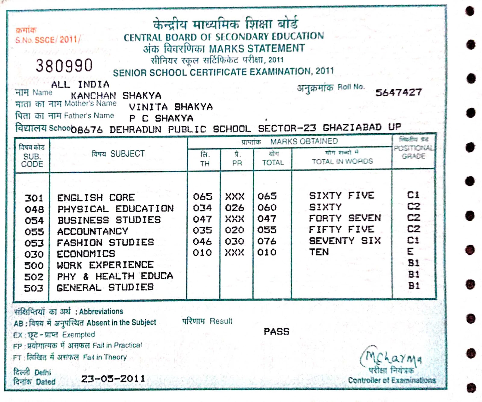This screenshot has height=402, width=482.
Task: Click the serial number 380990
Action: pos(64,65)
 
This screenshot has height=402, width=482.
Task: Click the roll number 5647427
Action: pos(398,92)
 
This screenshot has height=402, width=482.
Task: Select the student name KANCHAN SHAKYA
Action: pos(116,96)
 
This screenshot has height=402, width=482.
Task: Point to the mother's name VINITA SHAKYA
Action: pos(171,107)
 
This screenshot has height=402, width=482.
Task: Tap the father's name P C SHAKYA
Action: pos(161,118)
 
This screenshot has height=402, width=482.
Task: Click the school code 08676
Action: pos(87,130)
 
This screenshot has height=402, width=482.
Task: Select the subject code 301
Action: pos(34,198)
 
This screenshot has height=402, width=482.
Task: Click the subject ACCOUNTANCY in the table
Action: pos(92,231)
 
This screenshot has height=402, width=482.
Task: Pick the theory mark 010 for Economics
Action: pos(202,252)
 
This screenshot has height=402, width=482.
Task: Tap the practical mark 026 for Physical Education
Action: pos(234,208)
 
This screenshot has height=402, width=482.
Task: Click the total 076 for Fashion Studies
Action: pos(267,241)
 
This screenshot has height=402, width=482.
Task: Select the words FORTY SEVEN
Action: pos(345,218)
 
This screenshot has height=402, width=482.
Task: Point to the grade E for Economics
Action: pos(410,252)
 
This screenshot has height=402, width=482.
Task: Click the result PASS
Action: pos(276,331)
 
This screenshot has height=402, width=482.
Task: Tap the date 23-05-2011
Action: pos(113,378)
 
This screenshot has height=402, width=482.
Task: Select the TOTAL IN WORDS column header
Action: pos(342,161)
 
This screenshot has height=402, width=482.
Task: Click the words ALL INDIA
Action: pos(80,84)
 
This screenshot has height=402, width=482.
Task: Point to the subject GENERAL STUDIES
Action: pos(105,287)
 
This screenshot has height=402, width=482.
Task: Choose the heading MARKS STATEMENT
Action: pos(257,49)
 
